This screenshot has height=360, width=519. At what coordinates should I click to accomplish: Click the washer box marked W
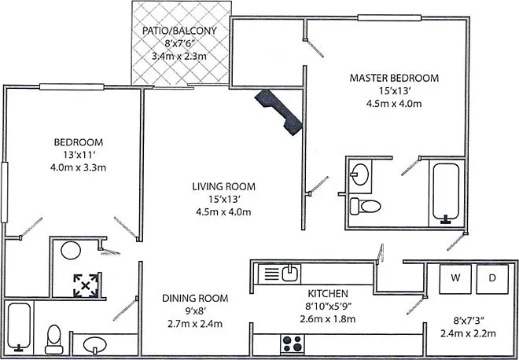455,278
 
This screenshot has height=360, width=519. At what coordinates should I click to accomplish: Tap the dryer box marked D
492,278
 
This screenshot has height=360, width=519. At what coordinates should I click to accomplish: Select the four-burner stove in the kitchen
293,343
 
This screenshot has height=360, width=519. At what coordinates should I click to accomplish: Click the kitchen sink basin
290,274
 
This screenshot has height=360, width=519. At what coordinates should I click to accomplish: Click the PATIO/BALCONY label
179,31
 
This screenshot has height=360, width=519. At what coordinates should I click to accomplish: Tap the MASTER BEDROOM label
394,78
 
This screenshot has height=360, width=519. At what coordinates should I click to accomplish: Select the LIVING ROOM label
224,186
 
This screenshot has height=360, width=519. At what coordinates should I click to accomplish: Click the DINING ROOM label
195,298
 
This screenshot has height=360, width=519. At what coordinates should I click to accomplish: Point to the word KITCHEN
328,293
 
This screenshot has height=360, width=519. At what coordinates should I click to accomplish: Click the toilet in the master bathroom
366,205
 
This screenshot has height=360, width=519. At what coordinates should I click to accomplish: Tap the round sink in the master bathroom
360,174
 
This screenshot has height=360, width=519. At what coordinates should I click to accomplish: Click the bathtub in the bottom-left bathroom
19,327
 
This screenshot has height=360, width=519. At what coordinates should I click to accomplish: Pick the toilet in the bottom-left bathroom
54,339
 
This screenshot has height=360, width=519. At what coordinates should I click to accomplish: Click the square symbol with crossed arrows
86,285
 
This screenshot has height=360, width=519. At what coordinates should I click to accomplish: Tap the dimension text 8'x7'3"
469,320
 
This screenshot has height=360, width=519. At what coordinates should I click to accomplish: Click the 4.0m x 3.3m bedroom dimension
78,167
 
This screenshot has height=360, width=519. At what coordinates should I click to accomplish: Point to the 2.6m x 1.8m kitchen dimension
328,319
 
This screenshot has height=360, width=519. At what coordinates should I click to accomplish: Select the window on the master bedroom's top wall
389,17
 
